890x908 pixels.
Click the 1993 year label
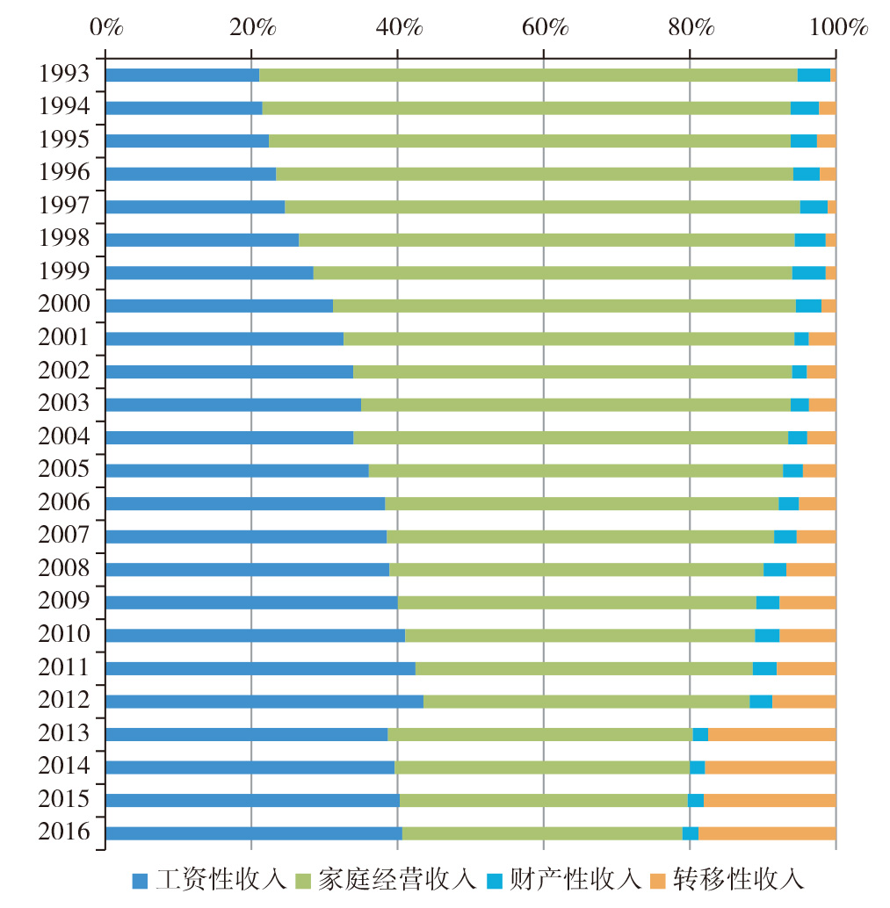click(64, 74)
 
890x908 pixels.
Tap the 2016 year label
click(64, 832)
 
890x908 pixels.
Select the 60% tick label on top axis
click(544, 27)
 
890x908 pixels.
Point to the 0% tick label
click(105, 27)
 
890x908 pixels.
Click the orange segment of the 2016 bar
click(767, 833)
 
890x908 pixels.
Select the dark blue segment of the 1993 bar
click(182, 75)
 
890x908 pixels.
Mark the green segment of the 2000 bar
click(564, 306)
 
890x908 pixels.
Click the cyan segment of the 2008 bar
click(775, 569)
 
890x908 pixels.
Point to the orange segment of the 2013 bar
click(771, 734)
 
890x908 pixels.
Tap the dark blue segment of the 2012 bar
click(264, 702)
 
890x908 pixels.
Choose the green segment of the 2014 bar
click(542, 767)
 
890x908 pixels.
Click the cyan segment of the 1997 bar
click(814, 207)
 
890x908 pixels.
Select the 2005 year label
click(64, 469)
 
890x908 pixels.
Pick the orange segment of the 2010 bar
click(807, 635)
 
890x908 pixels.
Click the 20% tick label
click(251, 27)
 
